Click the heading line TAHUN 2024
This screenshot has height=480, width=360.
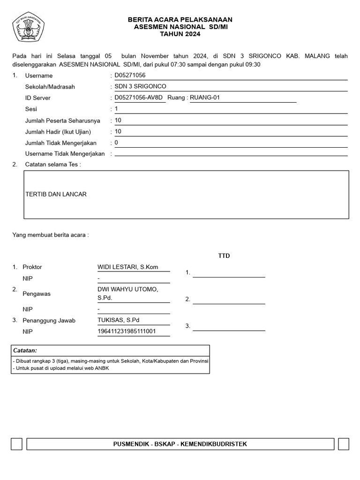pyautogui.click(x=180, y=34)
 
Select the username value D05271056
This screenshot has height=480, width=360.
pyautogui.click(x=130, y=75)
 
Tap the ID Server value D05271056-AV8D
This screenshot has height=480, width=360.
pyautogui.click(x=139, y=97)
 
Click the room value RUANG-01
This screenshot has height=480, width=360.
pyautogui.click(x=204, y=97)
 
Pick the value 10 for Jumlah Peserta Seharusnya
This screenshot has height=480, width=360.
pyautogui.click(x=118, y=120)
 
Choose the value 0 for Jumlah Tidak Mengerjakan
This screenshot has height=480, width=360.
pyautogui.click(x=116, y=142)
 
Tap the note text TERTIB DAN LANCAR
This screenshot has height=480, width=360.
pyautogui.click(x=56, y=194)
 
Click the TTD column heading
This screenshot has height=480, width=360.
pyautogui.click(x=224, y=256)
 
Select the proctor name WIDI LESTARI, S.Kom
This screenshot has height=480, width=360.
pyautogui.click(x=127, y=267)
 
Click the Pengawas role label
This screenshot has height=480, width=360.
pyautogui.click(x=37, y=294)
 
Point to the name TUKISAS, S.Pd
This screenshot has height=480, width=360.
pyautogui.click(x=119, y=320)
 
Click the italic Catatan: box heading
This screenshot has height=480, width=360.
pyautogui.click(x=25, y=351)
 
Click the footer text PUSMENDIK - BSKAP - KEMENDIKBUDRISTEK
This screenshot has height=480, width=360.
pyautogui.click(x=180, y=444)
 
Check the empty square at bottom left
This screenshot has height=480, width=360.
pyautogui.click(x=16, y=444)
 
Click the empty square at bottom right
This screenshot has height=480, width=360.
pyautogui.click(x=343, y=444)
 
